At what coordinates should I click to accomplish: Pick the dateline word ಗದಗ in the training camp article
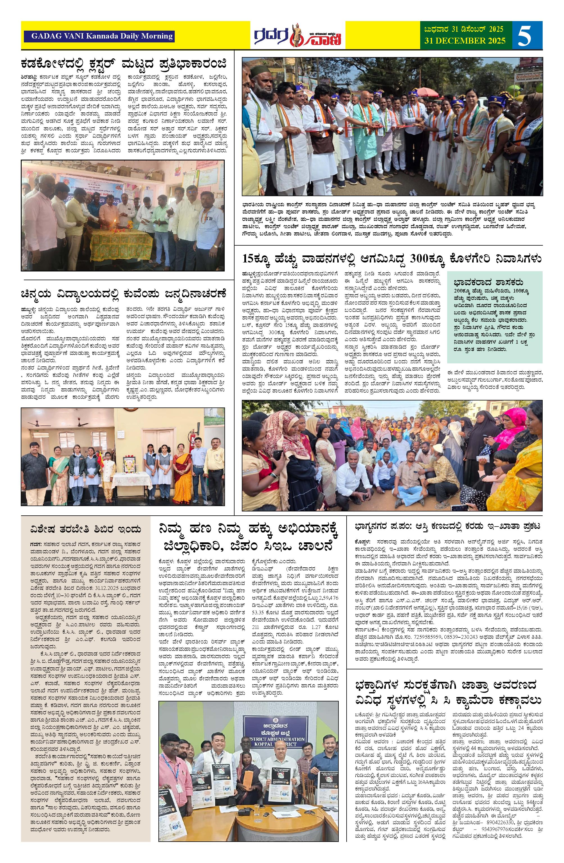pyautogui.click(x=35, y=545)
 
